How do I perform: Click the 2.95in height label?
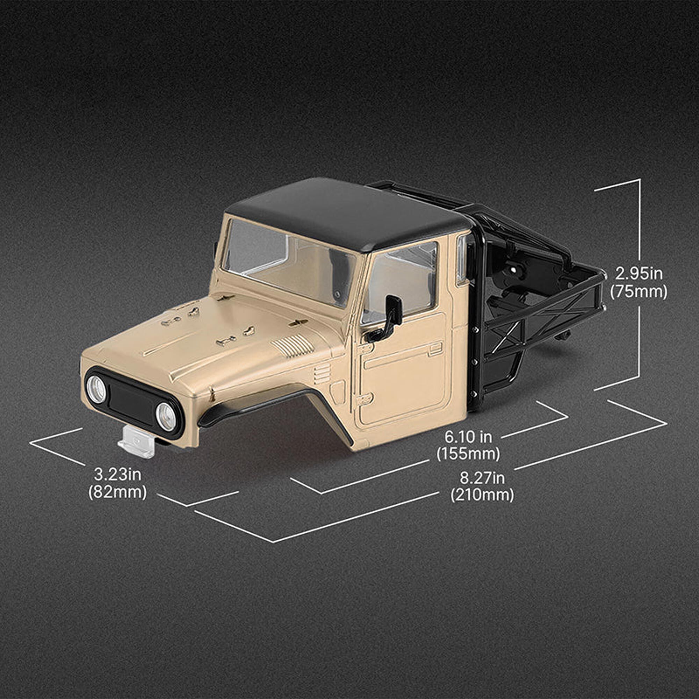(x=639, y=274)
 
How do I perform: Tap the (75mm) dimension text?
(x=639, y=291)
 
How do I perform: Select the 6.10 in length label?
(x=468, y=437)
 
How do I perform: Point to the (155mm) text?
(x=468, y=454)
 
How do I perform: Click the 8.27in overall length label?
(x=482, y=478)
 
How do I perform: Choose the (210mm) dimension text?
(x=482, y=495)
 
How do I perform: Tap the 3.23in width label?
(x=117, y=474)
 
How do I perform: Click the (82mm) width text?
(x=117, y=492)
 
